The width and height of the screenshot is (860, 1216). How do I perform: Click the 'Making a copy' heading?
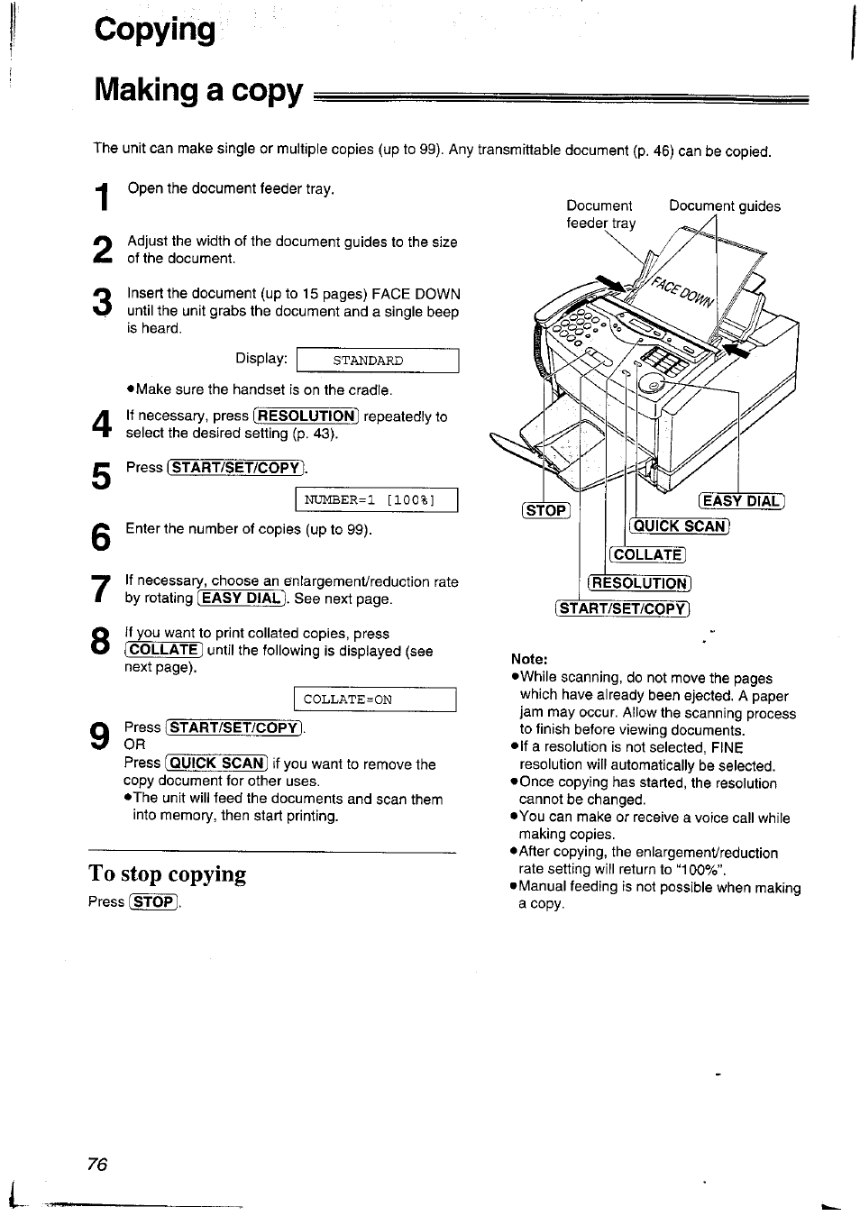[x=198, y=91]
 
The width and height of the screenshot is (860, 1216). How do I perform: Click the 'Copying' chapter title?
[x=155, y=30]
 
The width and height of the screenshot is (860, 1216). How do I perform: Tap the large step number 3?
[x=102, y=302]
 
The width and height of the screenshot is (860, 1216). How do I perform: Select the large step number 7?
[x=101, y=590]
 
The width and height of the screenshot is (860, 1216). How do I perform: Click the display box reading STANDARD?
[x=377, y=361]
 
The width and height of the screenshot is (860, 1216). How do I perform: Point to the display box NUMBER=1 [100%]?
[x=377, y=500]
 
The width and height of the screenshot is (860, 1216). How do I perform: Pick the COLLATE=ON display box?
[x=374, y=699]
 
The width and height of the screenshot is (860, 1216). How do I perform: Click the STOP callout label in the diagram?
[x=546, y=510]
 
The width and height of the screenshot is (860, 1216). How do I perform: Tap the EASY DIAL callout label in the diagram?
[x=742, y=502]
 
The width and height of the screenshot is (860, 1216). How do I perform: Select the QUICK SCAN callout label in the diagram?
[x=679, y=526]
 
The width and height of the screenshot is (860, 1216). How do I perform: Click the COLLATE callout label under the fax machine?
[x=647, y=554]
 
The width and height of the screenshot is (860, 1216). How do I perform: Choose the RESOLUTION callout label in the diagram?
[x=639, y=583]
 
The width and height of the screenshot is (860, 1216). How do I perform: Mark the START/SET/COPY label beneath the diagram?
[x=623, y=608]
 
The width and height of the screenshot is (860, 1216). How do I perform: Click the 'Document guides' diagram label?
[x=724, y=206]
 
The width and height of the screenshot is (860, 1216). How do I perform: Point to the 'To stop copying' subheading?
[x=168, y=873]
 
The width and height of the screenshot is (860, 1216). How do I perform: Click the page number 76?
[x=97, y=1164]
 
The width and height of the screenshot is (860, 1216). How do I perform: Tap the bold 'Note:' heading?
[x=529, y=659]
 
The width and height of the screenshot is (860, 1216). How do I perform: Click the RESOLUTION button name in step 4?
[x=306, y=416]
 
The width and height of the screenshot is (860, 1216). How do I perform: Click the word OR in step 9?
[x=134, y=745]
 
